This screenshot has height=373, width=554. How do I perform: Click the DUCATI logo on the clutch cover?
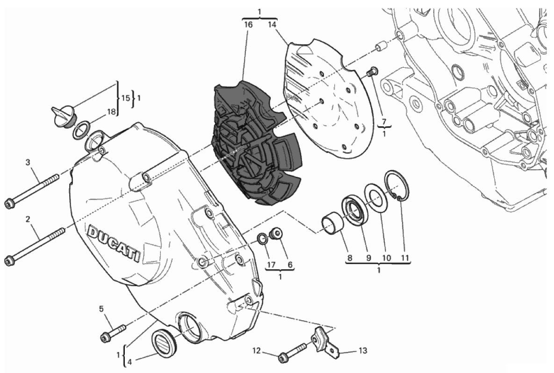pos(114,244)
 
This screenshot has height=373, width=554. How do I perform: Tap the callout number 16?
pos(248,24)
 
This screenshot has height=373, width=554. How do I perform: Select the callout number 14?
pos(272,24)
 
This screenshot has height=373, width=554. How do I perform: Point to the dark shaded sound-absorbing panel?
pos(256,143)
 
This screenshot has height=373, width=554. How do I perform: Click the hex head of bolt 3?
pos(9,203)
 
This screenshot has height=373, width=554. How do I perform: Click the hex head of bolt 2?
pos(9,261)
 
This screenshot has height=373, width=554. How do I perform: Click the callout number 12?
pos(257,351)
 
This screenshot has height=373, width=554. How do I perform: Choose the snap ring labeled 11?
pos(397,187)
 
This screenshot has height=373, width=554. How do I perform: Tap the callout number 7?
pos(384,122)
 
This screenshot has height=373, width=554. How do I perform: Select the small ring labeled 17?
pos(262,239)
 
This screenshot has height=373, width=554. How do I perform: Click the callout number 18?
pos(111,112)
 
